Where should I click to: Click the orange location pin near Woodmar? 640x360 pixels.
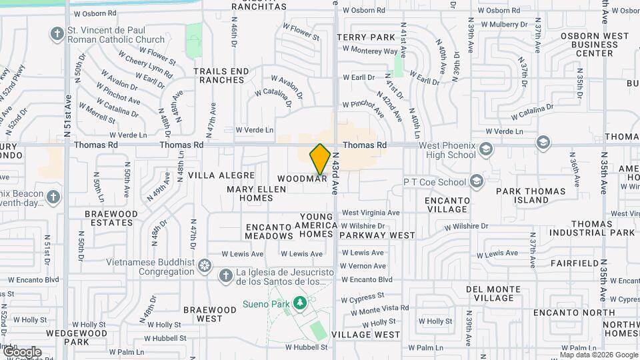click(x=320, y=159)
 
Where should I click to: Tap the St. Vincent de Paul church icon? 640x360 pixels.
click(x=57, y=33)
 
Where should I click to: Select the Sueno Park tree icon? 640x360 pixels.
click(x=300, y=303)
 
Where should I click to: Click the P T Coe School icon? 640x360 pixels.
click(x=476, y=181)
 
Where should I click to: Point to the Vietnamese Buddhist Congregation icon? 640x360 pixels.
click(x=205, y=268)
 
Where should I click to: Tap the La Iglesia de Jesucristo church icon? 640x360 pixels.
click(x=226, y=275)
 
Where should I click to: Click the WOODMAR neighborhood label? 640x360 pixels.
click(x=302, y=179)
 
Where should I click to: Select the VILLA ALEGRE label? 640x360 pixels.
click(x=221, y=175)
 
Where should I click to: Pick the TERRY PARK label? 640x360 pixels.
click(x=366, y=38)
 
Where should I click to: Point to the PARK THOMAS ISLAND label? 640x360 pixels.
click(x=531, y=195)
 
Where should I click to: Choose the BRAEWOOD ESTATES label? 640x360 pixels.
click(x=111, y=218)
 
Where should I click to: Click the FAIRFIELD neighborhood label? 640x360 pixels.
click(x=575, y=263)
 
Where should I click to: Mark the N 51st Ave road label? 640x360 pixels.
click(x=69, y=107)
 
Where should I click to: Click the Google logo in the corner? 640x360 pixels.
click(x=21, y=351)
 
